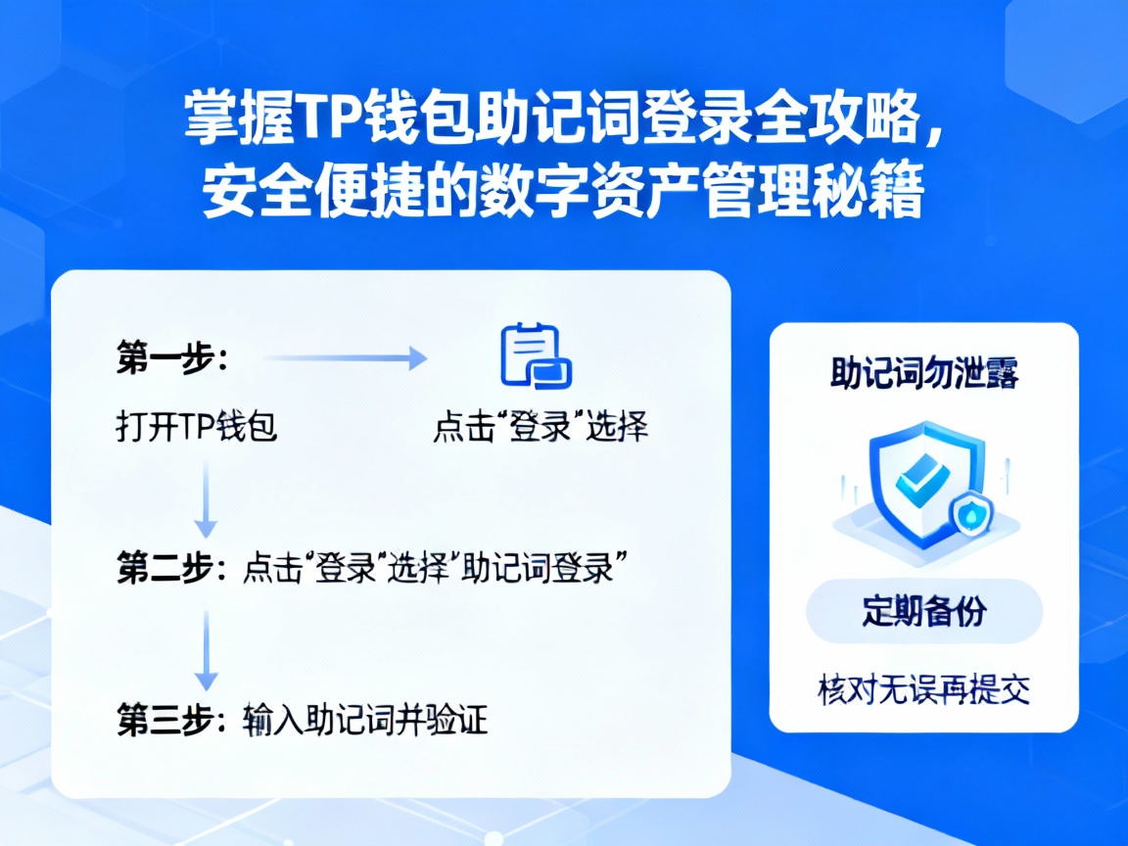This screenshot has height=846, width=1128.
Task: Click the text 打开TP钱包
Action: click(196, 428)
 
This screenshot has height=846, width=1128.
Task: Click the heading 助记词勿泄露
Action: click(923, 375)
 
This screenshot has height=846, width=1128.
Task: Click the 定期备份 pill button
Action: click(923, 611)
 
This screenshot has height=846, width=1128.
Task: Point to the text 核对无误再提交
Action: click(923, 689)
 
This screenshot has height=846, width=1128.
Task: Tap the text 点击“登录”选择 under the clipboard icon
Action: click(540, 428)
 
